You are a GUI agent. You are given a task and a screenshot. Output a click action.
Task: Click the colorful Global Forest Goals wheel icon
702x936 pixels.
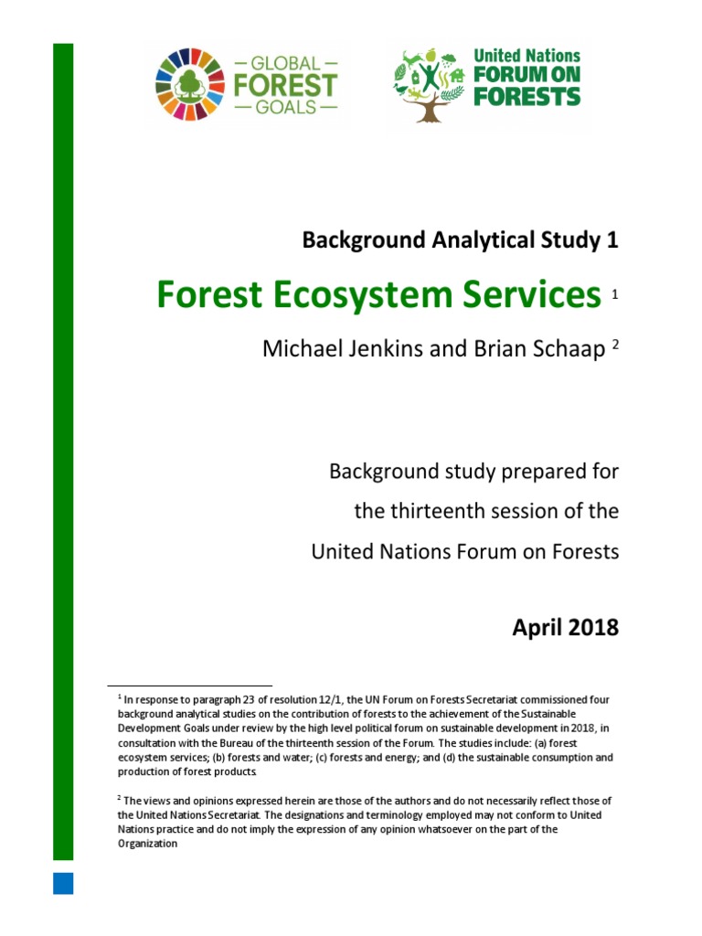(x=191, y=85)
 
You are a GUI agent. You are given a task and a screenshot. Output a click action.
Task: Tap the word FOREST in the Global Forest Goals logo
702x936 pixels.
(x=286, y=85)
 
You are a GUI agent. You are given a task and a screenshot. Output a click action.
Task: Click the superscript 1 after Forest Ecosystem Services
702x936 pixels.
(x=615, y=294)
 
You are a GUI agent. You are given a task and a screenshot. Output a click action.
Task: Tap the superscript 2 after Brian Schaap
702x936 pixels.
(x=615, y=346)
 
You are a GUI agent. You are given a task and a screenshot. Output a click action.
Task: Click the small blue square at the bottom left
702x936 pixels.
(x=63, y=882)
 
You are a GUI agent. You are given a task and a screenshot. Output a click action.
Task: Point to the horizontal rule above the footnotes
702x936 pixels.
(x=189, y=685)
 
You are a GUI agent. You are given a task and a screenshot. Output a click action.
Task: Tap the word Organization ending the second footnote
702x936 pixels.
(x=147, y=844)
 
